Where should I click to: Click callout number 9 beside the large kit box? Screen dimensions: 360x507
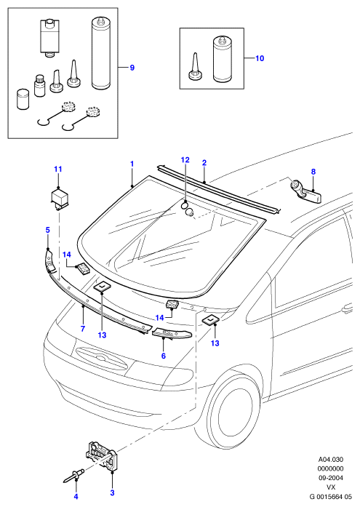coord(132,68)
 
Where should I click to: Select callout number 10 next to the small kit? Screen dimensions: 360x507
coord(260,58)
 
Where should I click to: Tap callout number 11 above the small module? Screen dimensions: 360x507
coord(58,169)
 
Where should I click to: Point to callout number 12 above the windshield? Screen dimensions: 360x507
coord(185,160)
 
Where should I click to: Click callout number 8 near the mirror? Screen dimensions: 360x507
coord(313,172)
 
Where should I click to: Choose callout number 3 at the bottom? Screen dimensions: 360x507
coord(112,493)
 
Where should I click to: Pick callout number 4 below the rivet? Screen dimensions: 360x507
coord(76,497)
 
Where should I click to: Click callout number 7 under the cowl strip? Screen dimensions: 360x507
coord(83,329)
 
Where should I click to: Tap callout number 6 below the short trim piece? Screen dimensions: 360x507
coord(164,356)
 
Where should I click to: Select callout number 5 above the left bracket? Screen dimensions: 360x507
coord(47,230)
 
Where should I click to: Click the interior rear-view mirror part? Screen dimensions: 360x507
coord(305,192)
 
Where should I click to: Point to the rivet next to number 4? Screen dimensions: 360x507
coord(73,475)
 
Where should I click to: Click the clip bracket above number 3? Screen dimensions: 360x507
coord(102,456)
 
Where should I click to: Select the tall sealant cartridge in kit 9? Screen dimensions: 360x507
coord(101,54)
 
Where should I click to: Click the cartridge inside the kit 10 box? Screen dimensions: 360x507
coord(223,59)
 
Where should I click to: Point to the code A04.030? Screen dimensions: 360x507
coord(331,460)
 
